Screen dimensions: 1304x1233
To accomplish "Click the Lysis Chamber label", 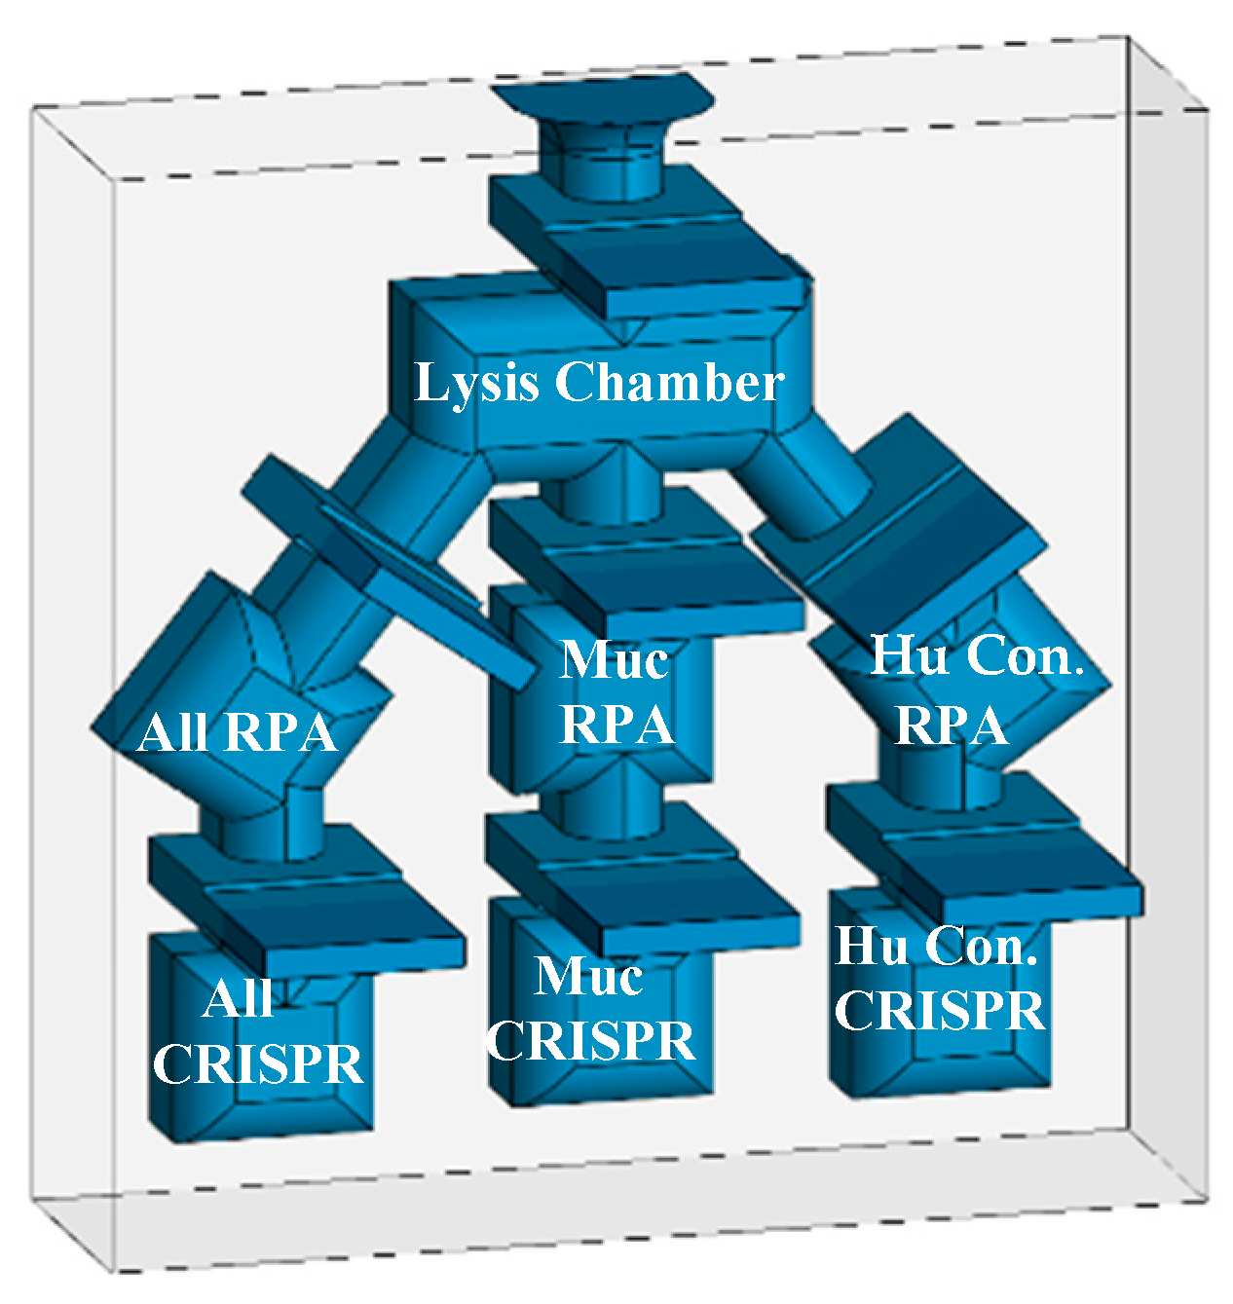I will click(598, 382).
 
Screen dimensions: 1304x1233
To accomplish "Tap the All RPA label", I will click(237, 732).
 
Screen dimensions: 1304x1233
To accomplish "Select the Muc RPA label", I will click(616, 692).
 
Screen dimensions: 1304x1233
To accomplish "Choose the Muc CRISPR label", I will click(590, 1009).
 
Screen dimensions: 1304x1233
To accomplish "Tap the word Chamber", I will click(669, 382).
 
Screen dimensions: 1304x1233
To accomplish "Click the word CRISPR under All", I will click(257, 1063).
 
